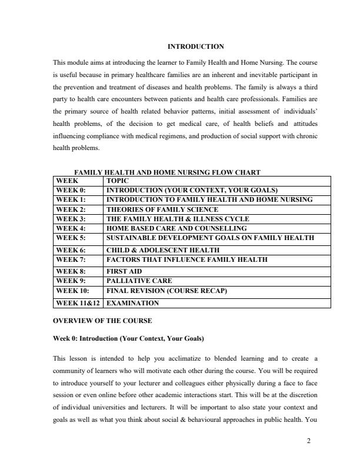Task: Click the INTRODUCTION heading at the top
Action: [196, 46]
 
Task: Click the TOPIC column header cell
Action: [118, 181]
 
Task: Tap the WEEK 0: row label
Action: [71, 190]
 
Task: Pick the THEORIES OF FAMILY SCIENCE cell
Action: [162, 209]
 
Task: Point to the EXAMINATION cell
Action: [132, 303]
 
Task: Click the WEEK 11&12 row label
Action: [78, 303]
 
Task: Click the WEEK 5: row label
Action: [71, 238]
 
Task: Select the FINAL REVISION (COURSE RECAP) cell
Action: [166, 290]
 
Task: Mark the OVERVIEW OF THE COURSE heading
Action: [102, 321]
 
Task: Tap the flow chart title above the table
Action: [167, 172]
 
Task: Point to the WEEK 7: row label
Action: [71, 259]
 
